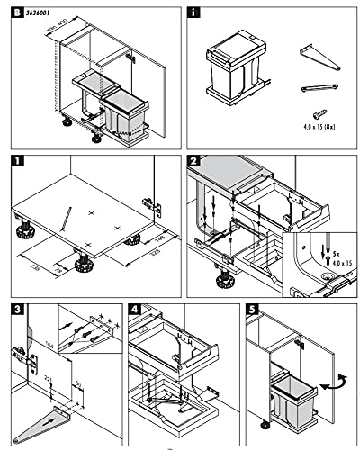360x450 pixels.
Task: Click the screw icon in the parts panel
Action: pyautogui.click(x=318, y=114)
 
